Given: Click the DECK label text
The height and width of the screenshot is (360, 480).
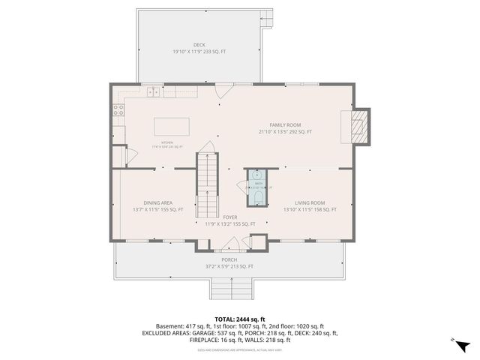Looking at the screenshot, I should point(199,44).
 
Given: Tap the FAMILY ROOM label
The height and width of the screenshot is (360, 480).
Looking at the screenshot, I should point(285,124).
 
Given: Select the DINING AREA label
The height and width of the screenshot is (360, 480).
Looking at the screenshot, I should point(158,202).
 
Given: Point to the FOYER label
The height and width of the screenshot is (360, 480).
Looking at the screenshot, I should point(230,217).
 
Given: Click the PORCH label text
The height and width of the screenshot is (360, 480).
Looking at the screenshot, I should point(229,259).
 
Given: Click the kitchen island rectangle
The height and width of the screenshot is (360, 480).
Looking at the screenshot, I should point(174,125).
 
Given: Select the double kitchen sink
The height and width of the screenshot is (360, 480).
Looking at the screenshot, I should point(153,92).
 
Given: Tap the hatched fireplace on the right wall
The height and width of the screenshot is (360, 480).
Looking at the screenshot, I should point(361,125).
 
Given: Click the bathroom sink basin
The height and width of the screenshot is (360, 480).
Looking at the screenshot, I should point(258,175).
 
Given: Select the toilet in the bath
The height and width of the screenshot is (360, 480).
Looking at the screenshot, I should point(258,197).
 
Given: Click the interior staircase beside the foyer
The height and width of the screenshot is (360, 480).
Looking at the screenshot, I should point(207,184).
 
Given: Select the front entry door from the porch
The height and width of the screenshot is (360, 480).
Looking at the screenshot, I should point(231,244).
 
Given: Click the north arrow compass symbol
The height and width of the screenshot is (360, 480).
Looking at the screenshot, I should point(463,346).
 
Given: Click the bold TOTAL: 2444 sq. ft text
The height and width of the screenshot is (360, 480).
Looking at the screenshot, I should point(239,319).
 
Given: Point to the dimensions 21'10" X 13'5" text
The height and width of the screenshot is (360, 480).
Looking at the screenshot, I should point(285,132).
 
